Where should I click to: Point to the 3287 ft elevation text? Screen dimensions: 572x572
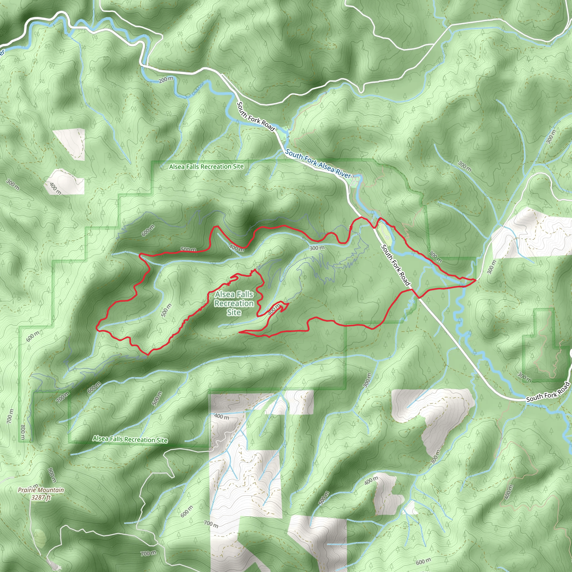41,497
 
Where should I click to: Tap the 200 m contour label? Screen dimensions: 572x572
166,79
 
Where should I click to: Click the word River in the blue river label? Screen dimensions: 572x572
343,174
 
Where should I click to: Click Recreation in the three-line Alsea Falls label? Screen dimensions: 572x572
234,304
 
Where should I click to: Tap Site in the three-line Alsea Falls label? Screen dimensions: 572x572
234,312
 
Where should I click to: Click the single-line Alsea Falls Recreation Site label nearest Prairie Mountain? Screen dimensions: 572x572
130,439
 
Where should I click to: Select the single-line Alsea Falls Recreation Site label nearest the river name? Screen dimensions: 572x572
206,167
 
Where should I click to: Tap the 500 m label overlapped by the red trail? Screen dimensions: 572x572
189,250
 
